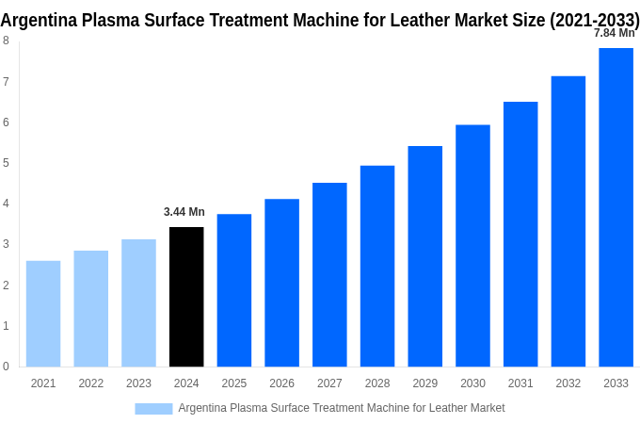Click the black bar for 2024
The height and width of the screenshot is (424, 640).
coord(186,297)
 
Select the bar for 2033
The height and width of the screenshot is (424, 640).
coord(616,207)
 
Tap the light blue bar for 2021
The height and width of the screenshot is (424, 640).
coord(43,314)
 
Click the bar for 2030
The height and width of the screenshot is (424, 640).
coord(472,246)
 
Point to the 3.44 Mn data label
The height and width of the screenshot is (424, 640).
coord(184,212)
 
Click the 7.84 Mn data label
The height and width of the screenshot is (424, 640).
coord(614,33)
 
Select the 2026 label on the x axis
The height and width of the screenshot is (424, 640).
coord(281,383)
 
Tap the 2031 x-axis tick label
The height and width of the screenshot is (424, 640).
coord(520,383)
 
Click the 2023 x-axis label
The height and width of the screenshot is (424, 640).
coord(138,383)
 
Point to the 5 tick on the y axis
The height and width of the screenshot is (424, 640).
coord(6,163)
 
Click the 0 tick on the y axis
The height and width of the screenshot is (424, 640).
coord(6,367)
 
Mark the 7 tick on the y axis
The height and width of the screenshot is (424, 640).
coord(6,82)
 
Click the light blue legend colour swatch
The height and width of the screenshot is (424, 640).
coord(153,409)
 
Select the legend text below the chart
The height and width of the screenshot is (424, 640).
coord(342,408)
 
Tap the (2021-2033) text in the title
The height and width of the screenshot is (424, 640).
coord(595,21)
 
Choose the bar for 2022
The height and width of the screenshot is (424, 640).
coord(91,308)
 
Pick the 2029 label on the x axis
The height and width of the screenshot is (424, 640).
coord(424,383)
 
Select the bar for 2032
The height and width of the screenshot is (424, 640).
coord(568,221)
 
